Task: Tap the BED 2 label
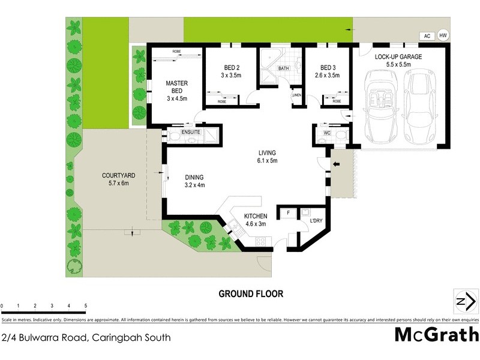230,68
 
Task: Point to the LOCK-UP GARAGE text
398,56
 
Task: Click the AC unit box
427,36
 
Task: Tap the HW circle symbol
443,36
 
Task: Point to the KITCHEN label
255,216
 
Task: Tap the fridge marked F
289,213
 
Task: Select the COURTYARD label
118,175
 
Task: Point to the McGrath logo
436,335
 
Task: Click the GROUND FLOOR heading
250,294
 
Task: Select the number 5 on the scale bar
86,306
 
